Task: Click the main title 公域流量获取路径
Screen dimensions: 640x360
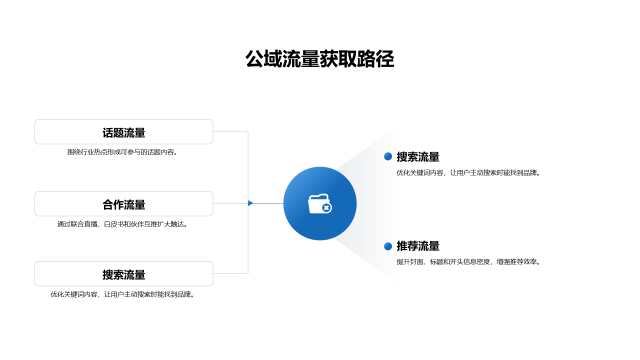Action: (x=319, y=59)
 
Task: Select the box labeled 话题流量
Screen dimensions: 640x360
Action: (x=123, y=131)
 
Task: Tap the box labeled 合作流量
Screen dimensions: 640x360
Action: (x=123, y=203)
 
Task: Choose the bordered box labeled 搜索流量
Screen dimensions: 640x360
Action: (x=123, y=273)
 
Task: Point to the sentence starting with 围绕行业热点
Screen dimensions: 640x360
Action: (x=122, y=152)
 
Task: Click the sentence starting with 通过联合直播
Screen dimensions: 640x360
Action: (x=122, y=224)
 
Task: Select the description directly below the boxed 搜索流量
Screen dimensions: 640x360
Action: (x=122, y=294)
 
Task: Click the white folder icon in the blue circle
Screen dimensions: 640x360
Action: (x=319, y=203)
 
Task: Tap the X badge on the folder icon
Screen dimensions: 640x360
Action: (x=326, y=208)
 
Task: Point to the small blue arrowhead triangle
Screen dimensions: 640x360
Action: (x=250, y=203)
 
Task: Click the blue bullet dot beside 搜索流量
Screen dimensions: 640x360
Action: (x=388, y=156)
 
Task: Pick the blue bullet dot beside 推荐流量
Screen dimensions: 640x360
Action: (x=388, y=246)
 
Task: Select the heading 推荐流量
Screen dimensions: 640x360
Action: (x=418, y=246)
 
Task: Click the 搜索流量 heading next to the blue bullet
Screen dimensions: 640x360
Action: (x=418, y=157)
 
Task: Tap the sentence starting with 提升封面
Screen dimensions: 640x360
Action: (x=468, y=261)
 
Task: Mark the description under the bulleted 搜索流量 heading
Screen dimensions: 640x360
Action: (x=468, y=172)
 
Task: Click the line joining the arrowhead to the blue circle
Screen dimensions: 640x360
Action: (x=268, y=203)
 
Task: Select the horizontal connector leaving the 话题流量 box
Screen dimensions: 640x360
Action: (x=231, y=131)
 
